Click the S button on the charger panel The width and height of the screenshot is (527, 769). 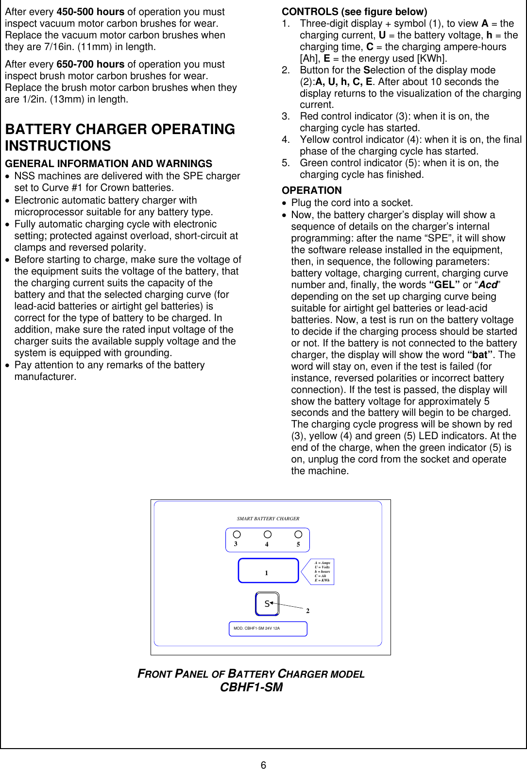267,604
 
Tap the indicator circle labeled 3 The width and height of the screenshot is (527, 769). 237,534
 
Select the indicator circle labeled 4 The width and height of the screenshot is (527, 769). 268,534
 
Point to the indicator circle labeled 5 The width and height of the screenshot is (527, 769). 298,534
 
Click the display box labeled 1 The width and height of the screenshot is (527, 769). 268,571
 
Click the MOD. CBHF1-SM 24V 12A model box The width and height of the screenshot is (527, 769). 268,629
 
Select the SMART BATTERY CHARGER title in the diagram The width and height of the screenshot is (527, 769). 268,519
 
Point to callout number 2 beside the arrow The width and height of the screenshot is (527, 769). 307,611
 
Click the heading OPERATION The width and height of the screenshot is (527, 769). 311,190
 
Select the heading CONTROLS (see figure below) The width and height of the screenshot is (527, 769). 354,12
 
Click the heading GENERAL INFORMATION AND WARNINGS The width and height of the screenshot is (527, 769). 108,164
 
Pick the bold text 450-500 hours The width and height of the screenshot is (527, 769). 90,12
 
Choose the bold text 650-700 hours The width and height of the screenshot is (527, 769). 90,64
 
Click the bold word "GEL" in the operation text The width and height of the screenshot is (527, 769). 444,285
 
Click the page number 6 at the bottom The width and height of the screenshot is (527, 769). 263,765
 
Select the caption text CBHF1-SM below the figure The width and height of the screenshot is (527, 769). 251,687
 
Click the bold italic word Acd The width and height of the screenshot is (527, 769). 488,285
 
